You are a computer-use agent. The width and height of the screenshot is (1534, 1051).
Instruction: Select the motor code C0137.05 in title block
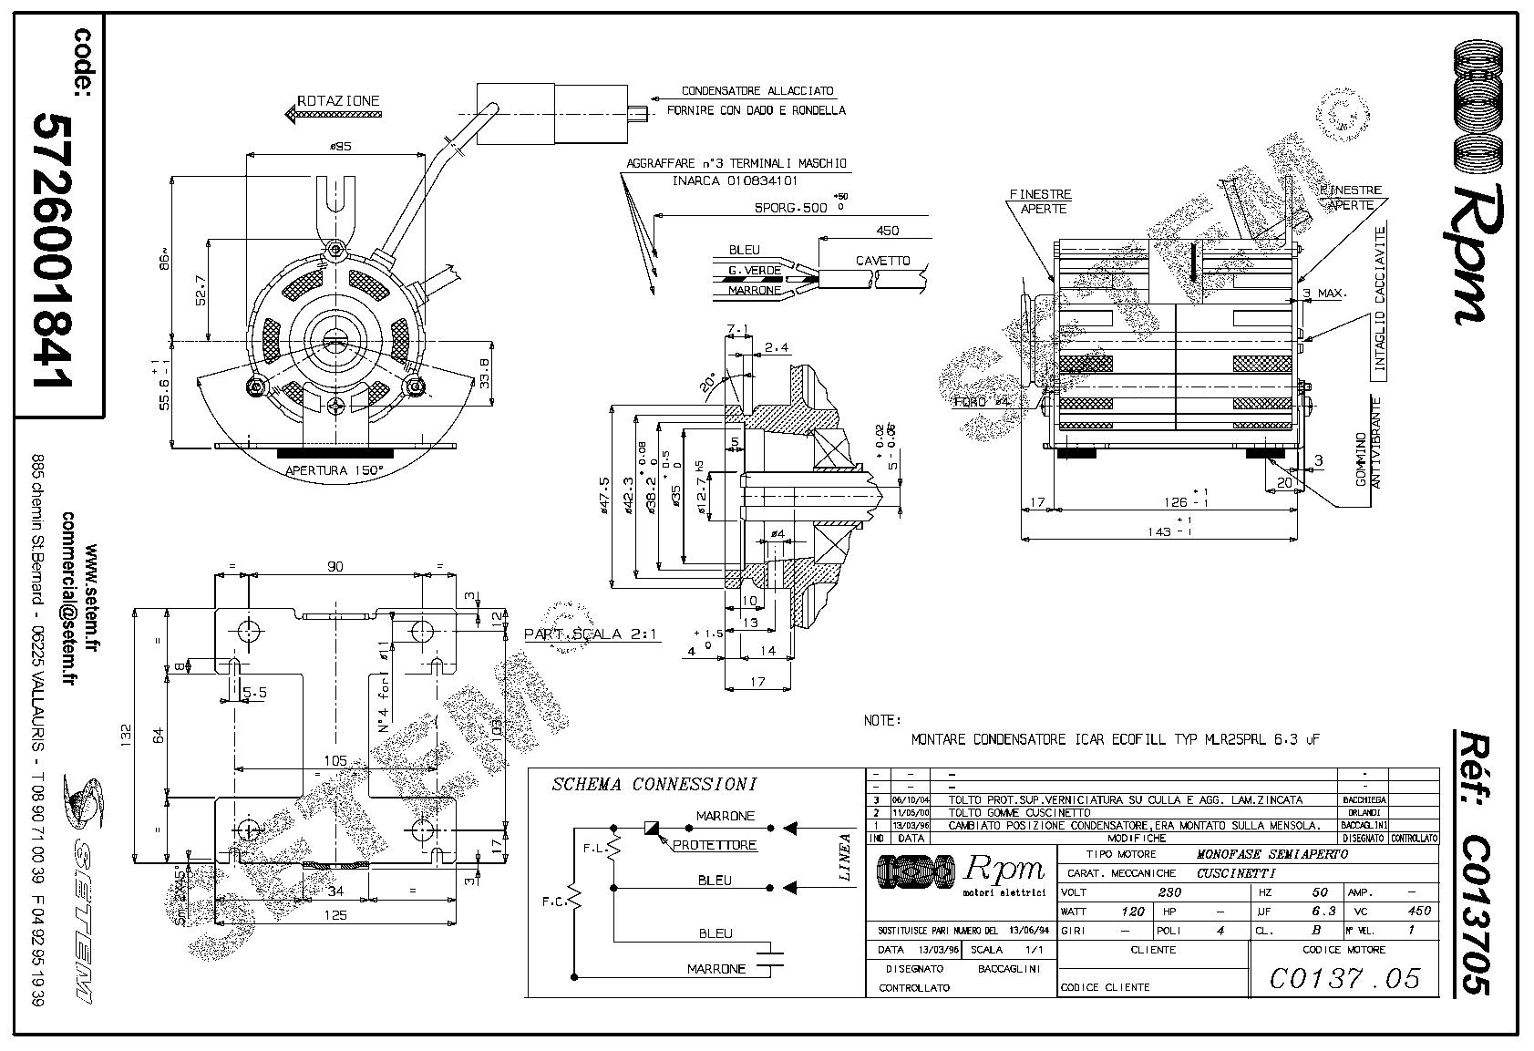[1344, 978]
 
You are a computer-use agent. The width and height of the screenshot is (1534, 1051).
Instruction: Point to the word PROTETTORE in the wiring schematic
[715, 845]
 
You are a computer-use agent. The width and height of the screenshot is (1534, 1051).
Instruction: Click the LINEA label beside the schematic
[845, 858]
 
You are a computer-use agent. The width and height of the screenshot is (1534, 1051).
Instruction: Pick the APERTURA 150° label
[335, 470]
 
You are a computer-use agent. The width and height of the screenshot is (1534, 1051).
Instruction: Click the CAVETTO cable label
[882, 261]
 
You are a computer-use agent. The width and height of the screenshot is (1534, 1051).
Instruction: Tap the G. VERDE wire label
[754, 271]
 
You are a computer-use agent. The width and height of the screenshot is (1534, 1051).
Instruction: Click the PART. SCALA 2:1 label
[590, 634]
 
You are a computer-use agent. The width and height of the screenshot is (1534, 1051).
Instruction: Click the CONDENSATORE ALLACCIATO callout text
[757, 92]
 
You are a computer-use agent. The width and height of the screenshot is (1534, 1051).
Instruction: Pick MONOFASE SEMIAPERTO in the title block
[1271, 854]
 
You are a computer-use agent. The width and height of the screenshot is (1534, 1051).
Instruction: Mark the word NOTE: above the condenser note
[882, 720]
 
